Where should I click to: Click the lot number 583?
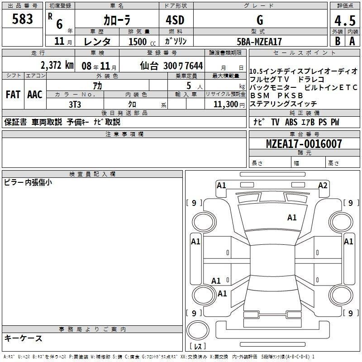click(22, 19)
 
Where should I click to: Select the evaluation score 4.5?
click(345, 20)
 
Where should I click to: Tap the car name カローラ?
click(117, 20)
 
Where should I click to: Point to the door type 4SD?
click(175, 20)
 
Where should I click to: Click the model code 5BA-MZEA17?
click(259, 42)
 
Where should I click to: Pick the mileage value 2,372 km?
click(57, 65)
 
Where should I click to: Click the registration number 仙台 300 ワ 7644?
click(171, 66)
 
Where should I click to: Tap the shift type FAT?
click(13, 95)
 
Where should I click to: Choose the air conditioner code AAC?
click(35, 95)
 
